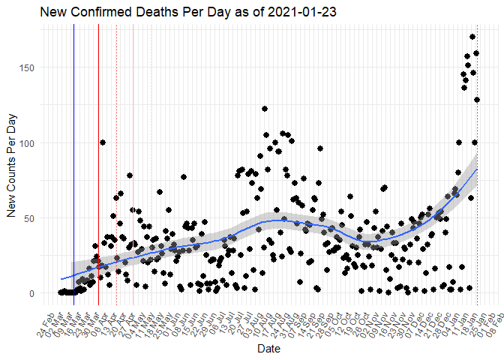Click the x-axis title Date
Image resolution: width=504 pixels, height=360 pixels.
[x=268, y=349]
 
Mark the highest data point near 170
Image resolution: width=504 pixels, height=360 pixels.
[x=472, y=37]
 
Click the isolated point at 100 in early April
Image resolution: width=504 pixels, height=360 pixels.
[x=102, y=142]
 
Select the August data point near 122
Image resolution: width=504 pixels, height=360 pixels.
[x=265, y=109]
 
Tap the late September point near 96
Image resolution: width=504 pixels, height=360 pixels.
[x=320, y=148]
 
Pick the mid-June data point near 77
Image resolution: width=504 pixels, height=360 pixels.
[x=184, y=177]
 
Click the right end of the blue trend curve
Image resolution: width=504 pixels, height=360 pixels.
[x=477, y=169]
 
